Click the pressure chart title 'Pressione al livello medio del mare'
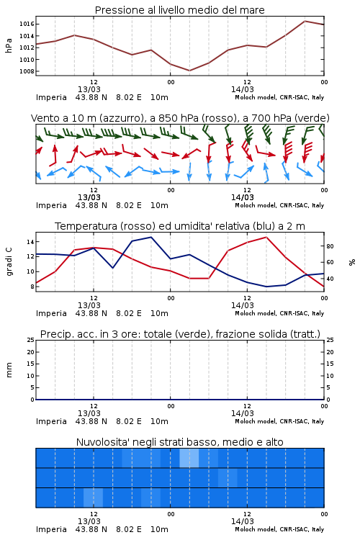(x=179, y=10)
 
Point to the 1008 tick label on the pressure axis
(x=27, y=71)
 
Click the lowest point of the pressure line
(x=189, y=71)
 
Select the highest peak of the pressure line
(x=305, y=21)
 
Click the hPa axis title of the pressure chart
(x=9, y=45)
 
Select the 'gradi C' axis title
(x=9, y=262)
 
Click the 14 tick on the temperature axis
(x=30, y=242)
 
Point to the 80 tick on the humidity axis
(x=330, y=246)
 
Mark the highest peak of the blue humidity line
(x=151, y=237)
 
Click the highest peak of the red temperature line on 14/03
(x=266, y=237)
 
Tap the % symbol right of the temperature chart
(x=352, y=262)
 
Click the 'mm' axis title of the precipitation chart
(x=9, y=370)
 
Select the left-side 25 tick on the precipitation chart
(x=30, y=340)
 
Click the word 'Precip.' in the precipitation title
(x=55, y=334)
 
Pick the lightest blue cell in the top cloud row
(x=189, y=458)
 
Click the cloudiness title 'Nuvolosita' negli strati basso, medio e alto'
(x=179, y=442)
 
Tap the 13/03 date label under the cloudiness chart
(x=89, y=521)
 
